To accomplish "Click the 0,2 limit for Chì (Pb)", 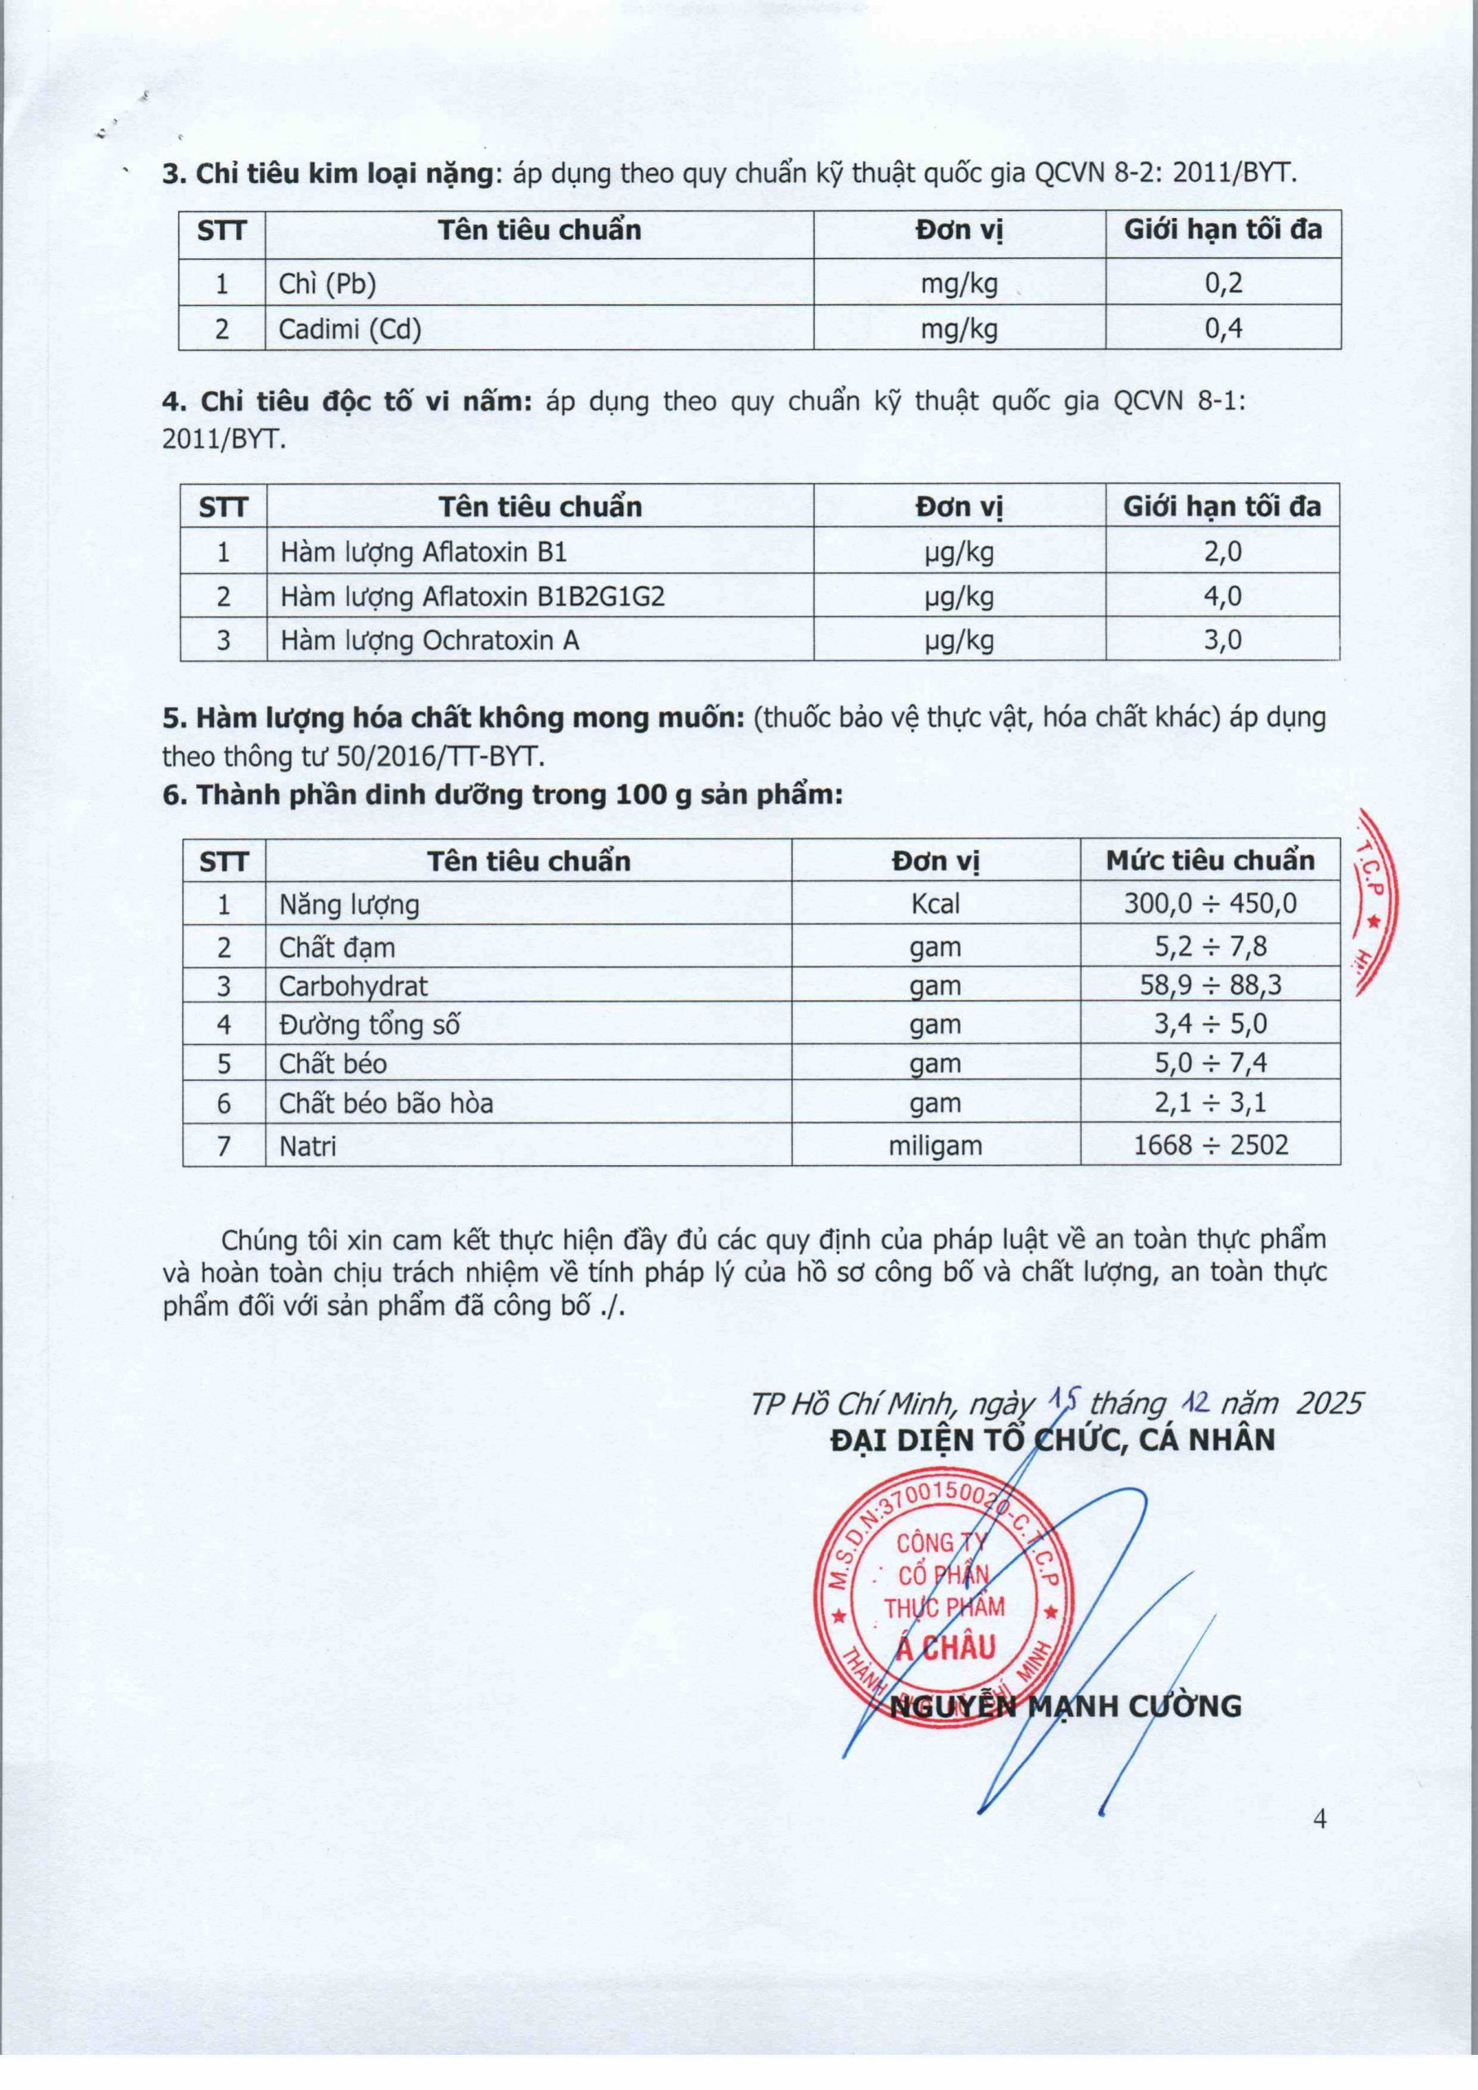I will coord(1223,283).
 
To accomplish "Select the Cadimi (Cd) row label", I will coord(349,329).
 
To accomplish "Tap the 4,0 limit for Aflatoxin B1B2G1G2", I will coord(1222,596).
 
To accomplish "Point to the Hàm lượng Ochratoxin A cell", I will coord(429,641).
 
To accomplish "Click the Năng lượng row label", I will coord(349,905).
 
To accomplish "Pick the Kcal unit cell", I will coord(935,904).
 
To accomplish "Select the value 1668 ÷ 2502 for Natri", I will coord(1210,1145).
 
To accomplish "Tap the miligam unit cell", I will coord(935,1145).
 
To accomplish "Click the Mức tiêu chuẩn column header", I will coord(1210,860).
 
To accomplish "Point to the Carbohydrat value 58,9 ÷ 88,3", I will coord(1210,986).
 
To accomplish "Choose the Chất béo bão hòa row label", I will coord(386,1104).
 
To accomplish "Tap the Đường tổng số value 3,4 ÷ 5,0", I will coord(1210,1025).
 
